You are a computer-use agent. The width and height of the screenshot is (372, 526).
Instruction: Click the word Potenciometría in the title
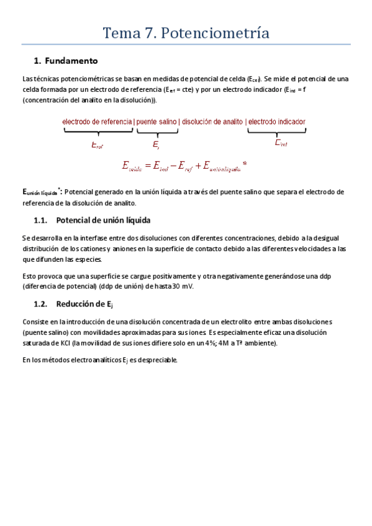(215, 33)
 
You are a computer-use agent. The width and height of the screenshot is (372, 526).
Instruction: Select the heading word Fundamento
(71, 61)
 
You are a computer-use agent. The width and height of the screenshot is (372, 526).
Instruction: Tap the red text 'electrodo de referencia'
(97, 122)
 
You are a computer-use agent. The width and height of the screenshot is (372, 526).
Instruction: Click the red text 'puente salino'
(156, 122)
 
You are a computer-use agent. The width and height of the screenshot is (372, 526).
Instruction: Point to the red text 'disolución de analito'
(212, 122)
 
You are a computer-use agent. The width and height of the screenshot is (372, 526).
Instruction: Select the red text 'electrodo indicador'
(276, 122)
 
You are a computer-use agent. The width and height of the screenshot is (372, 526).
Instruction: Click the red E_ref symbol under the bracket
(97, 145)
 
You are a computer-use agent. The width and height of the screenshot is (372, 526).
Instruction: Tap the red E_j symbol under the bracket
(157, 145)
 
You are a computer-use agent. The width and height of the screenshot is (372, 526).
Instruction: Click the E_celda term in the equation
(132, 166)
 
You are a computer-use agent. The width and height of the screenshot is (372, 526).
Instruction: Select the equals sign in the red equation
(148, 166)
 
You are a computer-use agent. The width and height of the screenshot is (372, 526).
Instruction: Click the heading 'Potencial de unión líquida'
(102, 220)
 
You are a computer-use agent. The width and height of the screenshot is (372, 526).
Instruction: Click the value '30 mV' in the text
(183, 287)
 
